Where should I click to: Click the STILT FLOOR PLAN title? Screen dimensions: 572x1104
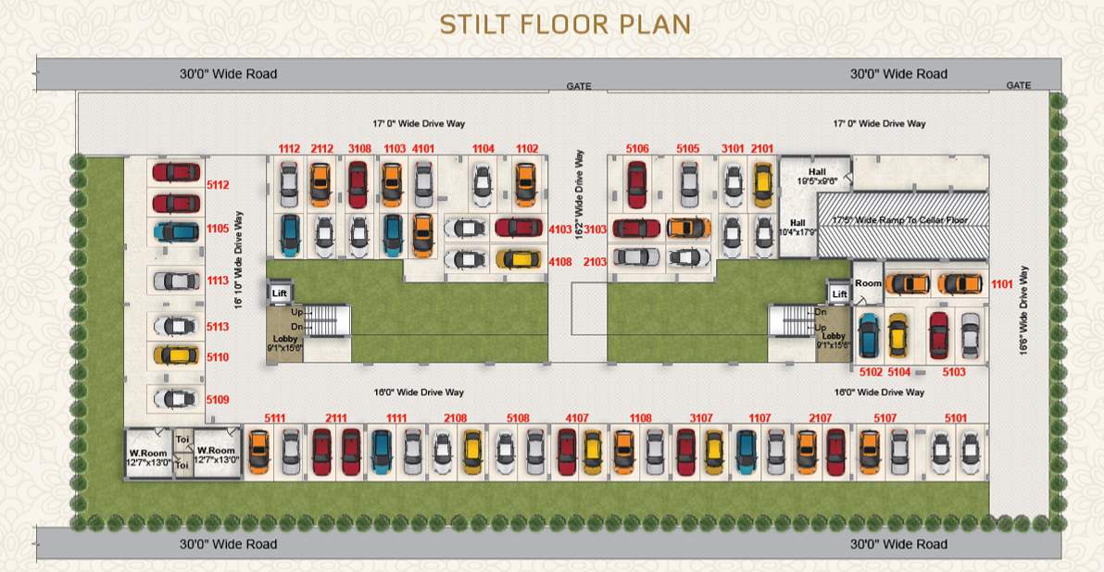[565, 24]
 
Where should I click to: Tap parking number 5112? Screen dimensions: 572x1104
[218, 185]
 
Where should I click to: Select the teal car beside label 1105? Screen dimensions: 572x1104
[176, 231]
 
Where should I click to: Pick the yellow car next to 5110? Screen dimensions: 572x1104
[176, 355]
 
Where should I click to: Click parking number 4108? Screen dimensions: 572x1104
[560, 262]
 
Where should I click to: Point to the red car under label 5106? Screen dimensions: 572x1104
[635, 184]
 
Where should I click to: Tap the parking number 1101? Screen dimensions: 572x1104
[1002, 284]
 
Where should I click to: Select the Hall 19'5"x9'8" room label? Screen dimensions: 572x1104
[816, 177]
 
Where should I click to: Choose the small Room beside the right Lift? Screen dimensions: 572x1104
[868, 283]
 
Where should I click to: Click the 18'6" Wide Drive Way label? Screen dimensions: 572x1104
[1024, 314]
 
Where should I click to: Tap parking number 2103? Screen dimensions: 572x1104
[595, 262]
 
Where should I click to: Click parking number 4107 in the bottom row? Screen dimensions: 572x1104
[577, 418]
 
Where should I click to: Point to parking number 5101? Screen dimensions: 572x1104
[956, 418]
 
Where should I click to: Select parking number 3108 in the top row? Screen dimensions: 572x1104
[360, 148]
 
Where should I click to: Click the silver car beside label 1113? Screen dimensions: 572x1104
[176, 280]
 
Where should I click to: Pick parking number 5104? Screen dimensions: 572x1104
[899, 372]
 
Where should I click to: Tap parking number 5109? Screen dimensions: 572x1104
[218, 400]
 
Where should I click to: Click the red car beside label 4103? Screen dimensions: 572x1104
[519, 228]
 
